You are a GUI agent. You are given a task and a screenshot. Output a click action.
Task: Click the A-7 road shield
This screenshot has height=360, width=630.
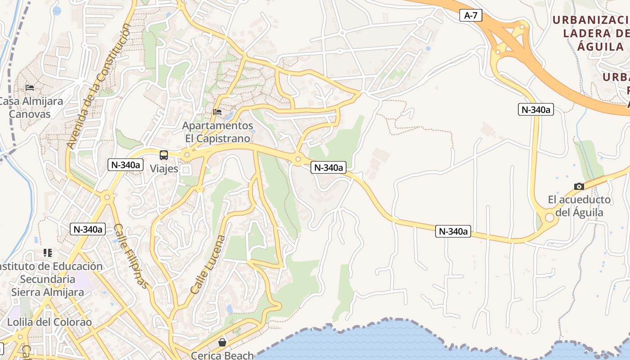(471, 15)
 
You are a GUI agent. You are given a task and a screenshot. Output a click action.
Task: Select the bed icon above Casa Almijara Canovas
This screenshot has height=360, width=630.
(30, 87)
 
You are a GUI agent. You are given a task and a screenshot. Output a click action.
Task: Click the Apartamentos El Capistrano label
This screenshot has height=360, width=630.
(218, 132)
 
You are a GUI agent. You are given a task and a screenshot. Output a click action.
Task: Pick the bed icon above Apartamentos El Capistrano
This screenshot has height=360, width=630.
(217, 112)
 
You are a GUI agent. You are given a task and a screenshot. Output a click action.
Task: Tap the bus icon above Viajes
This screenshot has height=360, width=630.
(164, 155)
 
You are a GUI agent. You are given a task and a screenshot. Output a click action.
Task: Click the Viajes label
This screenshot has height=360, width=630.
(164, 169)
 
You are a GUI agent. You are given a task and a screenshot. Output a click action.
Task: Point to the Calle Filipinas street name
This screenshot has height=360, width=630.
(130, 256)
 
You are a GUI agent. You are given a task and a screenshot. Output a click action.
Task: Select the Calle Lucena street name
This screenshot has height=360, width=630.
(207, 265)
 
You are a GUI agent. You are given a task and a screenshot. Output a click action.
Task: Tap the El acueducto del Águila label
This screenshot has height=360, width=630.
(579, 206)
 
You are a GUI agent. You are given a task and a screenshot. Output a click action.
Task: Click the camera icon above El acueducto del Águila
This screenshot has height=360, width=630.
(579, 186)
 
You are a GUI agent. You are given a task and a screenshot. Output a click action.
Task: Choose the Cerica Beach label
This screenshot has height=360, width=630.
(222, 355)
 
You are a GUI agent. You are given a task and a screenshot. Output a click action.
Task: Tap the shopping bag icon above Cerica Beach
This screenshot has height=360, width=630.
(222, 342)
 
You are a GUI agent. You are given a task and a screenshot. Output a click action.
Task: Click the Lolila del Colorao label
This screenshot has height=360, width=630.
(49, 322)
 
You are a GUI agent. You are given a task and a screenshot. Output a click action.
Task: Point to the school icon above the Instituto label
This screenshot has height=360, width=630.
(48, 253)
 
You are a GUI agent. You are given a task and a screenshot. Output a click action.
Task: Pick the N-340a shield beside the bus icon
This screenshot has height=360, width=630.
(125, 165)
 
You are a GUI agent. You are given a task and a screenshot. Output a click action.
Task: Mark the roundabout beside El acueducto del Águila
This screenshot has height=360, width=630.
(549, 218)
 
